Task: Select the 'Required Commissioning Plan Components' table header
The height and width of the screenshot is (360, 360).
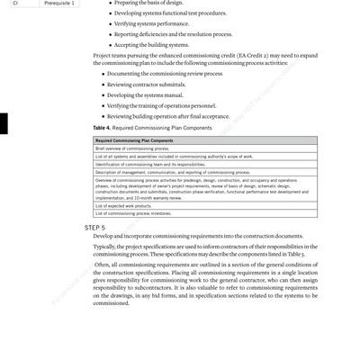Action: pos(134,141)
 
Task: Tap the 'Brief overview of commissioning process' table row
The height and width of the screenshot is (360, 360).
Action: pos(135,148)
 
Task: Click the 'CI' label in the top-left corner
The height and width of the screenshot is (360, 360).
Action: pos(15,4)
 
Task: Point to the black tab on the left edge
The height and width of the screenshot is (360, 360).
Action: pos(4,123)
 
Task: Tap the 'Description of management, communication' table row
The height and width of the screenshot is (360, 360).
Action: pos(160,171)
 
